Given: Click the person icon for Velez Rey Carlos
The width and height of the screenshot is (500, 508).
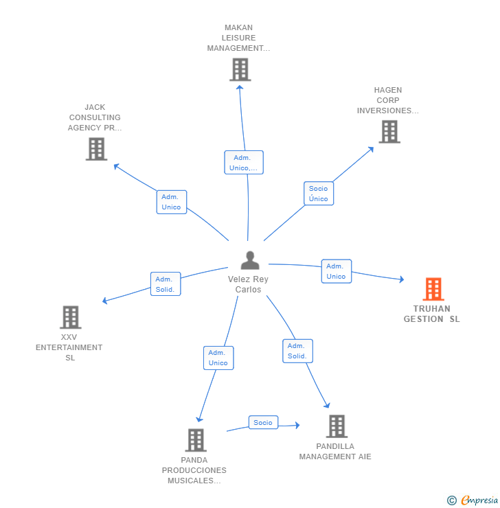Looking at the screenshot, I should (250, 260).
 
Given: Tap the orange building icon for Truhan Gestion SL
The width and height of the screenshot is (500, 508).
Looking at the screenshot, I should (433, 289).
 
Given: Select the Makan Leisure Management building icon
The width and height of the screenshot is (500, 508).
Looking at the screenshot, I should (240, 69).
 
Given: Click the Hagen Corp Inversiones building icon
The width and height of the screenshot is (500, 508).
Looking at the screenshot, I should (389, 131).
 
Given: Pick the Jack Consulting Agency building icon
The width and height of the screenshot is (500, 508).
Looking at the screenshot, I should (96, 148).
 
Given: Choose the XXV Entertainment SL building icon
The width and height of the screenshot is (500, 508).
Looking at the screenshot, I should (70, 317).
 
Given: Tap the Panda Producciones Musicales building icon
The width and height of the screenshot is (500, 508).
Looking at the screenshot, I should (196, 440).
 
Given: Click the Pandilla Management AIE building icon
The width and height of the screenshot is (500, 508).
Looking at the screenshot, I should (337, 426).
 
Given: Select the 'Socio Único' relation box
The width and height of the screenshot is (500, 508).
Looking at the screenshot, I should (319, 194).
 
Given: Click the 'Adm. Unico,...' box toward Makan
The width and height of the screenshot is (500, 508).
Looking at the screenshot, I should (244, 163).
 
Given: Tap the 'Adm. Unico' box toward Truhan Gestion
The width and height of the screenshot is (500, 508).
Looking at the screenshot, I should (336, 271).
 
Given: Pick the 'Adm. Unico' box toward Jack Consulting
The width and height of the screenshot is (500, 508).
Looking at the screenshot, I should (171, 202).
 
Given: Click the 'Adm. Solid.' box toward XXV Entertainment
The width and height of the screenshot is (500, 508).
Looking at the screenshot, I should (165, 284).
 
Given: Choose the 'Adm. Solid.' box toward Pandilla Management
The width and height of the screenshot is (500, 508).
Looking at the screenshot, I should (297, 351).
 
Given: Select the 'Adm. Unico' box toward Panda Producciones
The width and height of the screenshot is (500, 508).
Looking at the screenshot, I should (218, 358).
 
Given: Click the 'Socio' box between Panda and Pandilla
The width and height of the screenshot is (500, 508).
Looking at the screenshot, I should (262, 423).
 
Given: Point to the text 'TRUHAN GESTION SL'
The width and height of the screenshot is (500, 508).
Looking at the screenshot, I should (432, 314).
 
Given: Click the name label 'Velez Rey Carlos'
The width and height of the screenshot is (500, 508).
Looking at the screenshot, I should (248, 284).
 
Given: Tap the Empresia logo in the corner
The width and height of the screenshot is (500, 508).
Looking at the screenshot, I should (479, 500).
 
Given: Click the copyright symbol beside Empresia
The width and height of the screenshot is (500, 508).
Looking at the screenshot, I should (452, 500).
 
